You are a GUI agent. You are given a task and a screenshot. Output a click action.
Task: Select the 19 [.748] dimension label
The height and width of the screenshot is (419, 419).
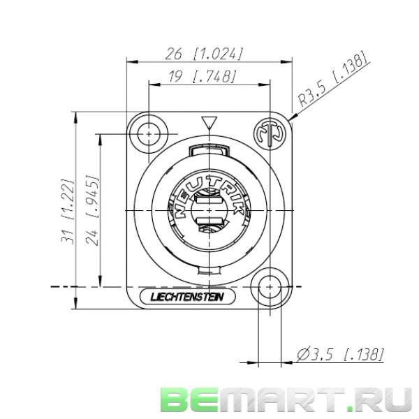(203, 77)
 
